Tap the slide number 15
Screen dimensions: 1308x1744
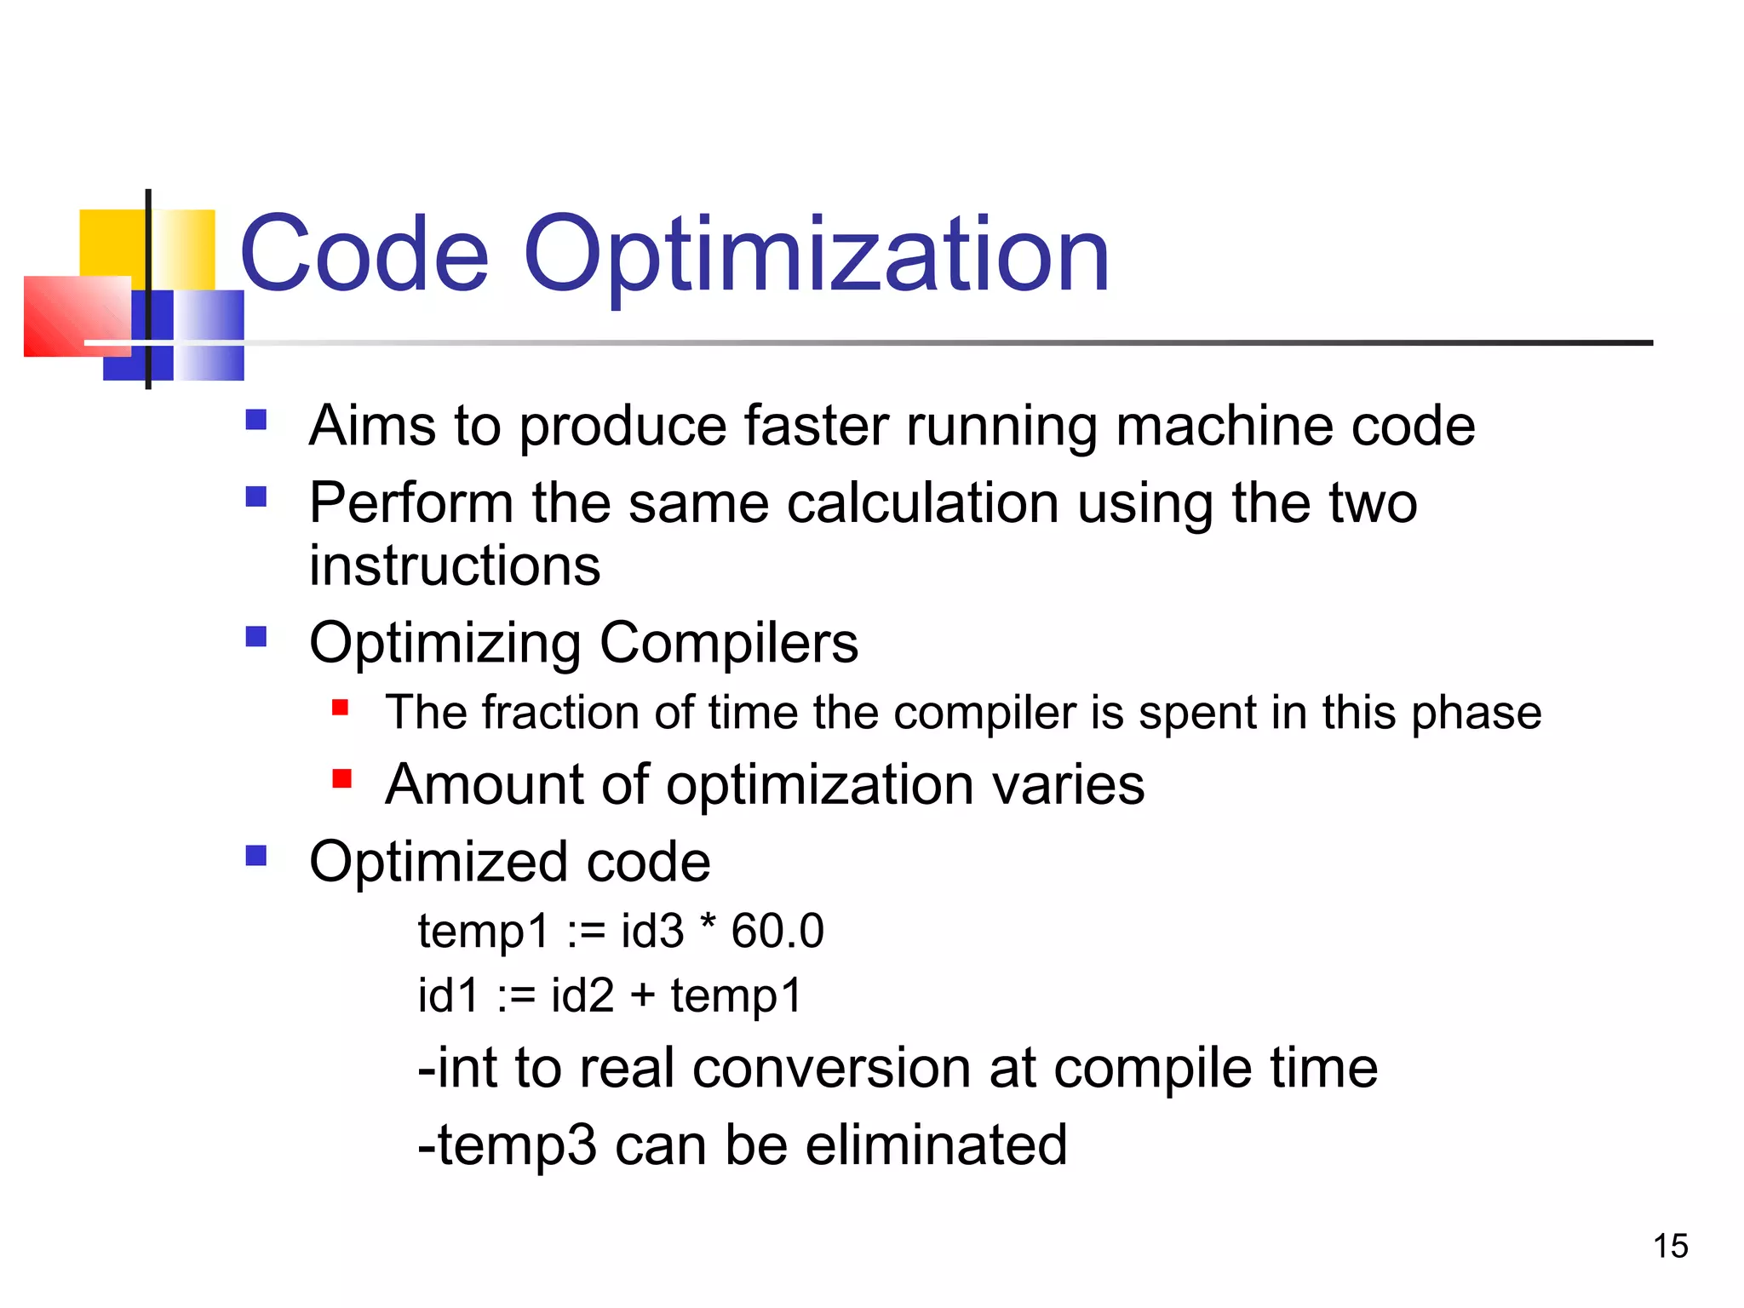(1671, 1246)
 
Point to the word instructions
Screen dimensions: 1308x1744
(455, 565)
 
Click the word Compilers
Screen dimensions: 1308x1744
(729, 642)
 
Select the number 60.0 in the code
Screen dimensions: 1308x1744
(777, 931)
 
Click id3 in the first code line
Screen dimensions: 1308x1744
(652, 931)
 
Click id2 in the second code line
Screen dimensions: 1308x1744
(582, 995)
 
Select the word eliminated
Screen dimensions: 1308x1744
(936, 1144)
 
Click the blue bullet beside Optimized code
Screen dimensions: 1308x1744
(256, 855)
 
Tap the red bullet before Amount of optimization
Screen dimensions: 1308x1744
(341, 778)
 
